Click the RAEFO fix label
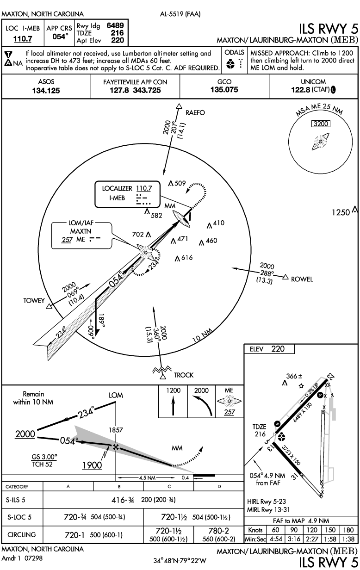pyautogui.click(x=195, y=112)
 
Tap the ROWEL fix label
pyautogui.click(x=302, y=279)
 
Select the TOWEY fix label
pyautogui.click(x=34, y=301)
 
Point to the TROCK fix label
pyautogui.click(x=184, y=375)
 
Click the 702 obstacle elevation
pyautogui.click(x=138, y=235)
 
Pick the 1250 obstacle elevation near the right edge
pyautogui.click(x=341, y=213)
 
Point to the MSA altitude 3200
pyautogui.click(x=321, y=124)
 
